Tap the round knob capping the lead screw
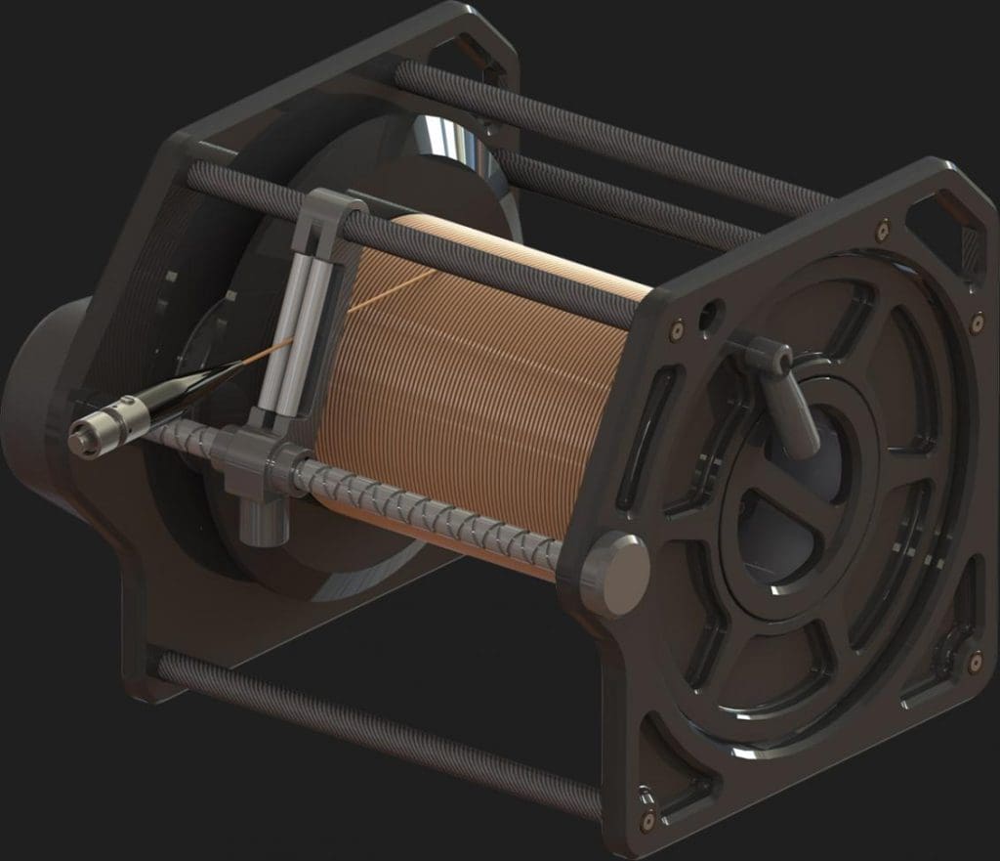(x=614, y=574)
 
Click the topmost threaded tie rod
(x=605, y=137)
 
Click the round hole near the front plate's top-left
(x=710, y=315)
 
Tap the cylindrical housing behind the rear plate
(x=39, y=410)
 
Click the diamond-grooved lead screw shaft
(x=430, y=508)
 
